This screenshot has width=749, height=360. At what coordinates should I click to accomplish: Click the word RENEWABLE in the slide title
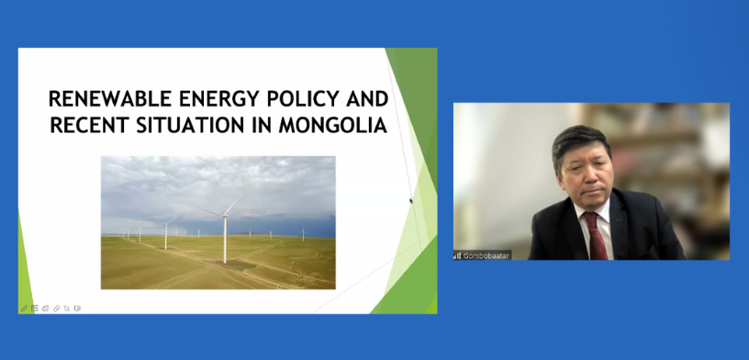(110, 99)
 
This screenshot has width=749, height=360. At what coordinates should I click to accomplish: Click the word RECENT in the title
(89, 125)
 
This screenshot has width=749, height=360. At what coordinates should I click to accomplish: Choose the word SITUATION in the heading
(191, 125)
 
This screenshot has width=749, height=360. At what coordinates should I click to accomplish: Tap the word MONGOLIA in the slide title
(333, 125)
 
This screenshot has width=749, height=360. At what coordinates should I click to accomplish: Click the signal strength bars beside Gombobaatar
(457, 256)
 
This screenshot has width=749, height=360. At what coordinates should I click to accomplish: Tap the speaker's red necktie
(595, 236)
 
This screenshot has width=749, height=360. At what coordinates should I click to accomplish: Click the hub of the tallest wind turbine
(225, 216)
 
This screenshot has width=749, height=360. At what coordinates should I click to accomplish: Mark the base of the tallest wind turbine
(225, 261)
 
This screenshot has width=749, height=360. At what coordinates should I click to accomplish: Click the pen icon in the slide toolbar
(24, 309)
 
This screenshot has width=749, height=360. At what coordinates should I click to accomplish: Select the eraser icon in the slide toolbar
(56, 309)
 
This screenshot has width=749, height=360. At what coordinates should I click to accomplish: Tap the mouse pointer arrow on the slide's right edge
(411, 201)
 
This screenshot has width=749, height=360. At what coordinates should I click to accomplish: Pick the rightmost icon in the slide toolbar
(77, 309)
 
